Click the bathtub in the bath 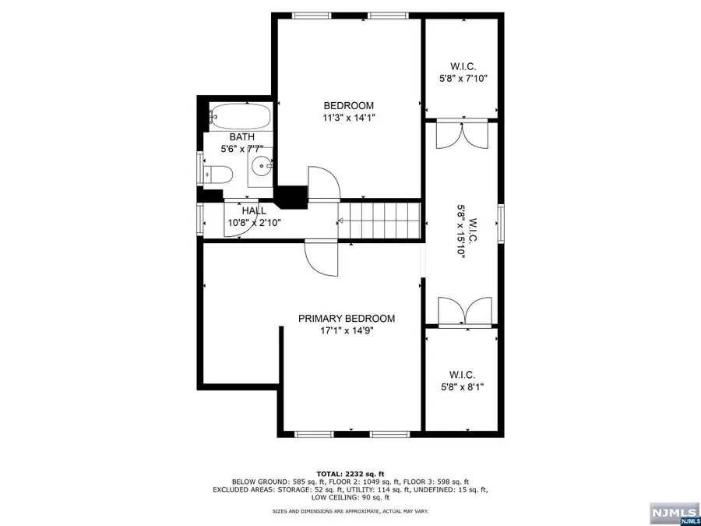(240, 117)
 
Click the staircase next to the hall (382, 221)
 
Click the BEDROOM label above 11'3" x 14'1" (349, 106)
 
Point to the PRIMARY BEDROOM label (347, 318)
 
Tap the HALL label (254, 210)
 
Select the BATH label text (241, 137)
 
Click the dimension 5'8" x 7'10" (463, 78)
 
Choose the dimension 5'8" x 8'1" (463, 387)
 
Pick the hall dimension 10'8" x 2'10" (254, 223)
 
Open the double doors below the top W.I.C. (463, 136)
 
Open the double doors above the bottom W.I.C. (463, 312)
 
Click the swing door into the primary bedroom (322, 256)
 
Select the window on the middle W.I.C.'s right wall (502, 224)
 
